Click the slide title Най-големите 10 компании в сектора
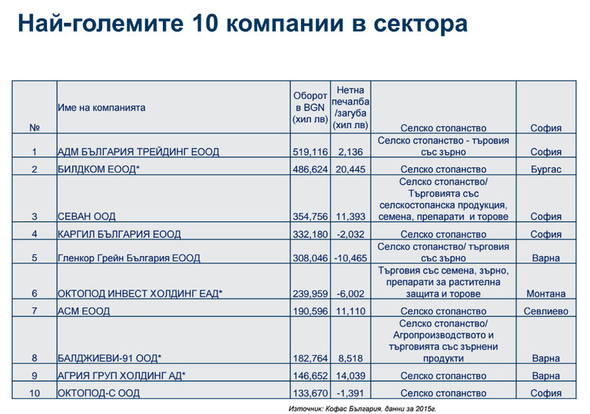[x=243, y=24]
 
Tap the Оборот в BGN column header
[x=310, y=108]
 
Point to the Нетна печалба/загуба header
[x=350, y=108]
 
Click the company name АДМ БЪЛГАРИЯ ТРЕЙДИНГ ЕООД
[x=138, y=152]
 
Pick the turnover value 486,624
[x=310, y=169]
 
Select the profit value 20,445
[x=350, y=169]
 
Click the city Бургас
[x=545, y=169]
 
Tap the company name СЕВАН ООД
[x=88, y=217]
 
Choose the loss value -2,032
[x=350, y=234]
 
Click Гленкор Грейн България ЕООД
[x=129, y=258]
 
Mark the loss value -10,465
[x=350, y=258]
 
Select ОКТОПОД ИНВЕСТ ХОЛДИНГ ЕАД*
[x=140, y=293]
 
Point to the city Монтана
[x=545, y=293]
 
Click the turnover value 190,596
[x=310, y=311]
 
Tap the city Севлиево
[x=545, y=311]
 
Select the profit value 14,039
[x=350, y=376]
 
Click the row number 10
[x=34, y=393]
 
